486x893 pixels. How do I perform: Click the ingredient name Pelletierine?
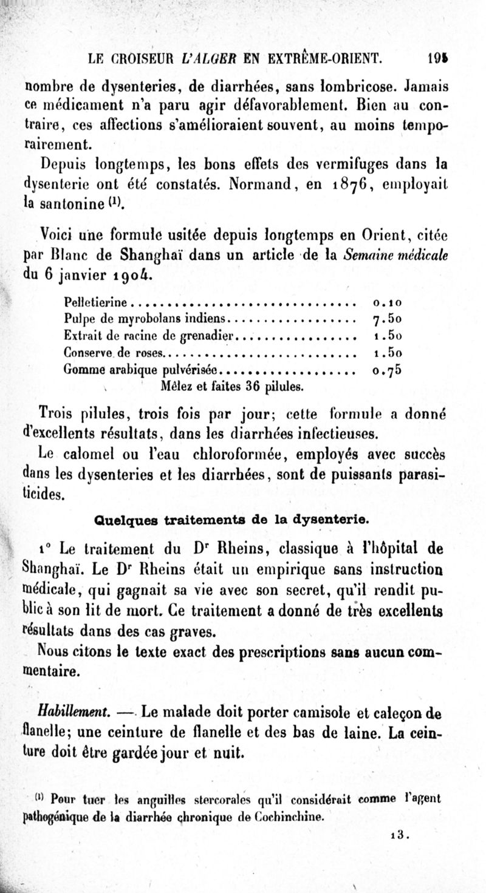coord(96,302)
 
